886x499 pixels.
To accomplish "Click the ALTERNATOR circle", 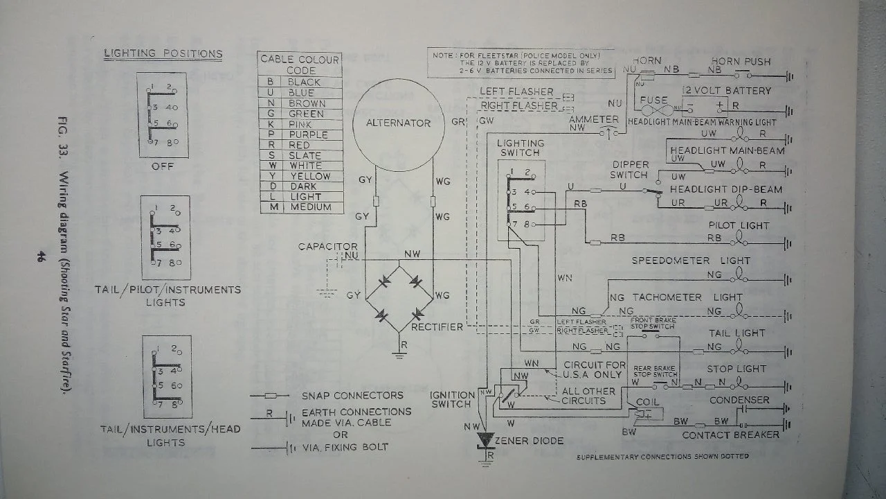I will pos(398,123).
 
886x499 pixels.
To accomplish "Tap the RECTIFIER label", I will pos(437,326).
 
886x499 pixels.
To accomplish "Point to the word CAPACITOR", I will pos(328,247).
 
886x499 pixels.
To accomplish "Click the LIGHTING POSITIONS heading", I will pos(163,53).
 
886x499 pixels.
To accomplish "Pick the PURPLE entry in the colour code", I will pos(309,134).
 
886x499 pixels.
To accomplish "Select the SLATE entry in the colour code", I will pos(305,155).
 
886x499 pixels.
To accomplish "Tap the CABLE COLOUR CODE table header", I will pos(300,64).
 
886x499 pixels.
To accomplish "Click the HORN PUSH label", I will pos(741,61).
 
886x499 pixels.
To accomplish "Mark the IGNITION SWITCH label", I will pos(453,399).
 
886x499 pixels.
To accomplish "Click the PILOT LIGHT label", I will pos(739,226).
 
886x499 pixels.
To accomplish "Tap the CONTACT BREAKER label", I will pos(730,435).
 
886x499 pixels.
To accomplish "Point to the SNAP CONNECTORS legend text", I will pos(352,396).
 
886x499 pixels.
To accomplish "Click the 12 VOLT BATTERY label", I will pos(727,91).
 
